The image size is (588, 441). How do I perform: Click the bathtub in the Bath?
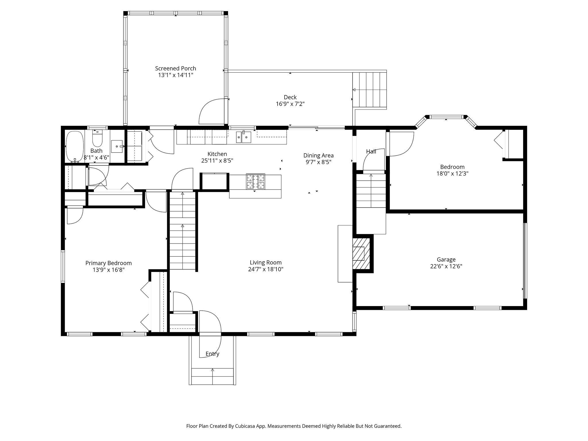tap(75, 147)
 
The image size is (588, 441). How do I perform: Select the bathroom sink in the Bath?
tap(117, 146)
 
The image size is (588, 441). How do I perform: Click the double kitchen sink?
tap(244, 137)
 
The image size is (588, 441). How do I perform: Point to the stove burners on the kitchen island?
tap(255, 182)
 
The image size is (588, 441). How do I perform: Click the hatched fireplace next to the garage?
tap(361, 253)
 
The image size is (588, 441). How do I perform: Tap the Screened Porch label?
tap(176, 68)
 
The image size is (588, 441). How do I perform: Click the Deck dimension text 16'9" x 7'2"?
tap(290, 104)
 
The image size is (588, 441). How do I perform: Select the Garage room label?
tap(446, 260)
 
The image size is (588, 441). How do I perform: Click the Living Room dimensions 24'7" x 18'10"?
tap(266, 269)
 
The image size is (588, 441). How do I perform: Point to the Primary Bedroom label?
tap(109, 263)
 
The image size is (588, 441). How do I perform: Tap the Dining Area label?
tap(318, 155)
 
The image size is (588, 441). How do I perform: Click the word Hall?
tap(371, 151)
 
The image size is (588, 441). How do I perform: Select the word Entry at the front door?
tap(212, 354)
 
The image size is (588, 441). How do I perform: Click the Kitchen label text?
tap(217, 154)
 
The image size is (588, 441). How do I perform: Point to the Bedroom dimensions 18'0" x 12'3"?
tap(452, 173)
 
